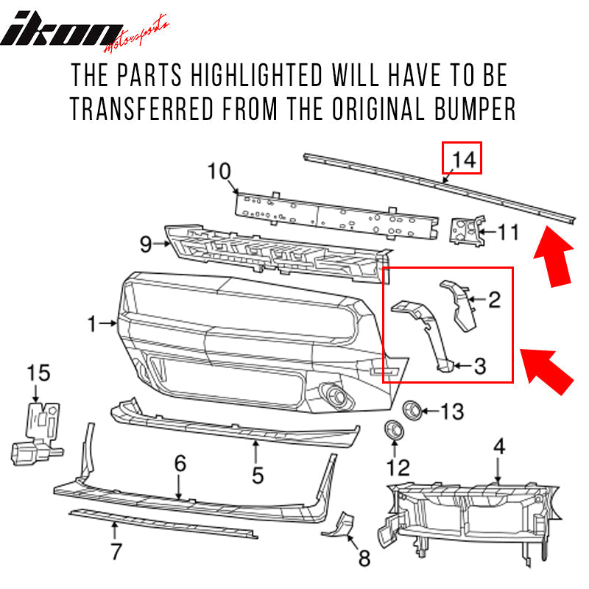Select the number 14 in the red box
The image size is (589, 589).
coord(461,158)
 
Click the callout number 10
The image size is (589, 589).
coord(220,172)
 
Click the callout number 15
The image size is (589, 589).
coord(40,373)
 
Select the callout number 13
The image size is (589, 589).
coord(452,412)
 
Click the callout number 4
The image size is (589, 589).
coord(498,445)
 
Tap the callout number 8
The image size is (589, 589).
coord(364,560)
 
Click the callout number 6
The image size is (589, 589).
coord(180,465)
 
